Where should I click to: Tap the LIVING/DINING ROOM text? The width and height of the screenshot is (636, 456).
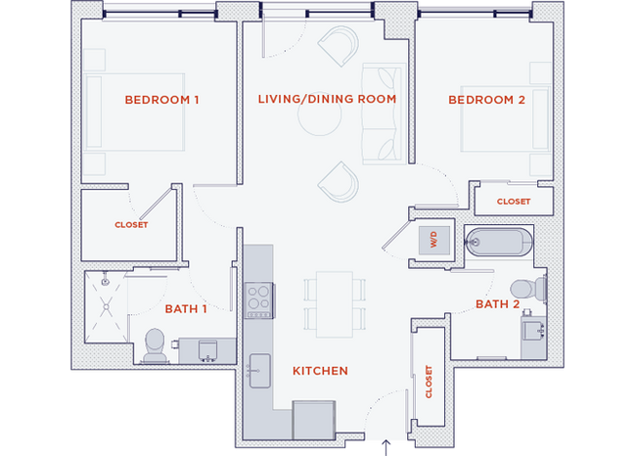coord(327,100)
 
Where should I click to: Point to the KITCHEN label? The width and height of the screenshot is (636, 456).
coord(321,371)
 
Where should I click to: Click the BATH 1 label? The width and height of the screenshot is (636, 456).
coord(185,309)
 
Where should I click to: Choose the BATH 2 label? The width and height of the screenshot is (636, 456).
coord(497,304)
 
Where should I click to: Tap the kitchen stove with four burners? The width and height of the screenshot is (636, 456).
coord(258,299)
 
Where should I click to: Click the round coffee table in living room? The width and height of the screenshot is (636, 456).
coord(319,120)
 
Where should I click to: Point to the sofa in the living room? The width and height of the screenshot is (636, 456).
coord(382,113)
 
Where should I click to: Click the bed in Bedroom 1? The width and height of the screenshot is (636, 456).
coord(134,112)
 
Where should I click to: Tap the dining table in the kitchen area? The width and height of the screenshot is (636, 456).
coord(335,302)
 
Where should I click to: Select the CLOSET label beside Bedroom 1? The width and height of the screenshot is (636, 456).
coord(130,224)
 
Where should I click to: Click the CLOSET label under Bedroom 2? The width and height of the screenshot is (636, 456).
coord(513,202)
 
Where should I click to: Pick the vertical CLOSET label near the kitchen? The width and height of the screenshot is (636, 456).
coord(428,383)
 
